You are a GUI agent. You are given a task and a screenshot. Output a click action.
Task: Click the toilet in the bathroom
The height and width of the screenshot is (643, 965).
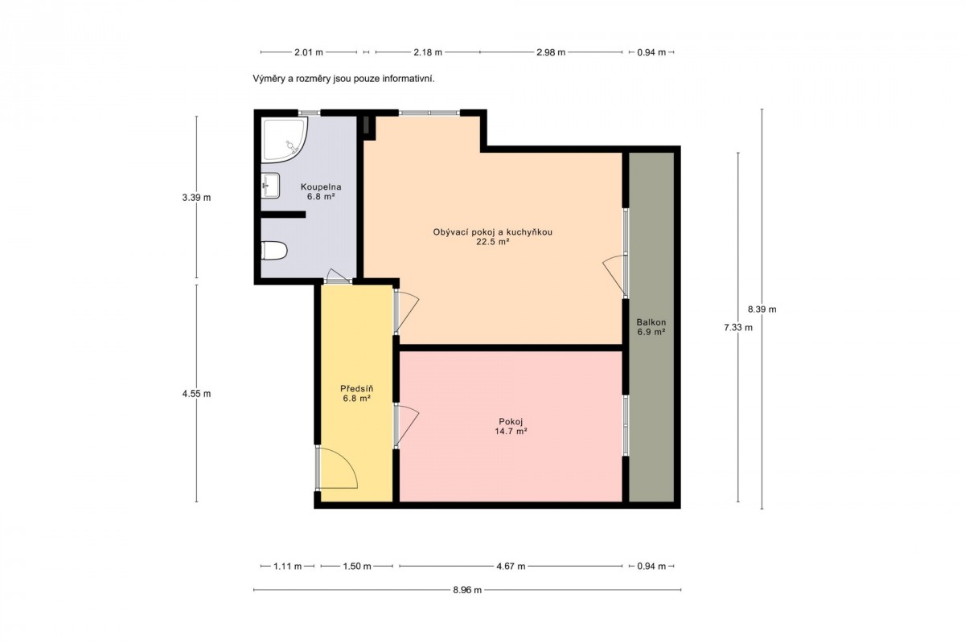[274, 251]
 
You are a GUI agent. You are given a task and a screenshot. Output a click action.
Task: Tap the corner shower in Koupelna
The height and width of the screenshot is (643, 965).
[284, 141]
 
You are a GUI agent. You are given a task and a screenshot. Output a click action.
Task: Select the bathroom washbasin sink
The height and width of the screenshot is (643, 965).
[270, 186]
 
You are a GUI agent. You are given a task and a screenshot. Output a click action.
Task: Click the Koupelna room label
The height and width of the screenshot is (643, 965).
[321, 191]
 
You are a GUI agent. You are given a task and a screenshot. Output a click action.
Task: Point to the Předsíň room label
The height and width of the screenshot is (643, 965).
[357, 393]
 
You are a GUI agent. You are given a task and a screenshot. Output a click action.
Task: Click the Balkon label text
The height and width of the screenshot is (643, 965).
[651, 327]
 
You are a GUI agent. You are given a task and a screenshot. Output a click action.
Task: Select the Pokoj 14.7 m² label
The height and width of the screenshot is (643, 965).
[511, 426]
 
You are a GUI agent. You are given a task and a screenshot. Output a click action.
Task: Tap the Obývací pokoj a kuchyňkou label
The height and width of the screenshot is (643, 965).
[492, 237]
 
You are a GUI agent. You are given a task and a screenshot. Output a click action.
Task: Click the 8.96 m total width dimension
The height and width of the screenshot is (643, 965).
[467, 590]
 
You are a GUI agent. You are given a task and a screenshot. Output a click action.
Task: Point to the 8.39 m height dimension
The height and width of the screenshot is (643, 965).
[762, 309]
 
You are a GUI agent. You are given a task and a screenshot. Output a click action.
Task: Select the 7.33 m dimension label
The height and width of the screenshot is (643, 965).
[738, 327]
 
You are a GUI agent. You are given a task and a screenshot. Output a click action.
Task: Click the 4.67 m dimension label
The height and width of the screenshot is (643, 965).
[511, 567]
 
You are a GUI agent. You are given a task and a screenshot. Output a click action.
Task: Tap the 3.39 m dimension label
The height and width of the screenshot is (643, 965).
[196, 198]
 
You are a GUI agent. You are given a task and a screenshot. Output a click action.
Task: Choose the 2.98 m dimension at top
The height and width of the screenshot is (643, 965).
[551, 52]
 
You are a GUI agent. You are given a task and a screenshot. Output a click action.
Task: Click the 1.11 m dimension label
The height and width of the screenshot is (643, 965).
[287, 567]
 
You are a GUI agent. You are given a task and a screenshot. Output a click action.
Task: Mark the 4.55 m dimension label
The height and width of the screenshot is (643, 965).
[196, 394]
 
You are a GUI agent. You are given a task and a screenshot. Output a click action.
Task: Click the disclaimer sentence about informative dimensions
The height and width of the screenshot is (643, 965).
[343, 79]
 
